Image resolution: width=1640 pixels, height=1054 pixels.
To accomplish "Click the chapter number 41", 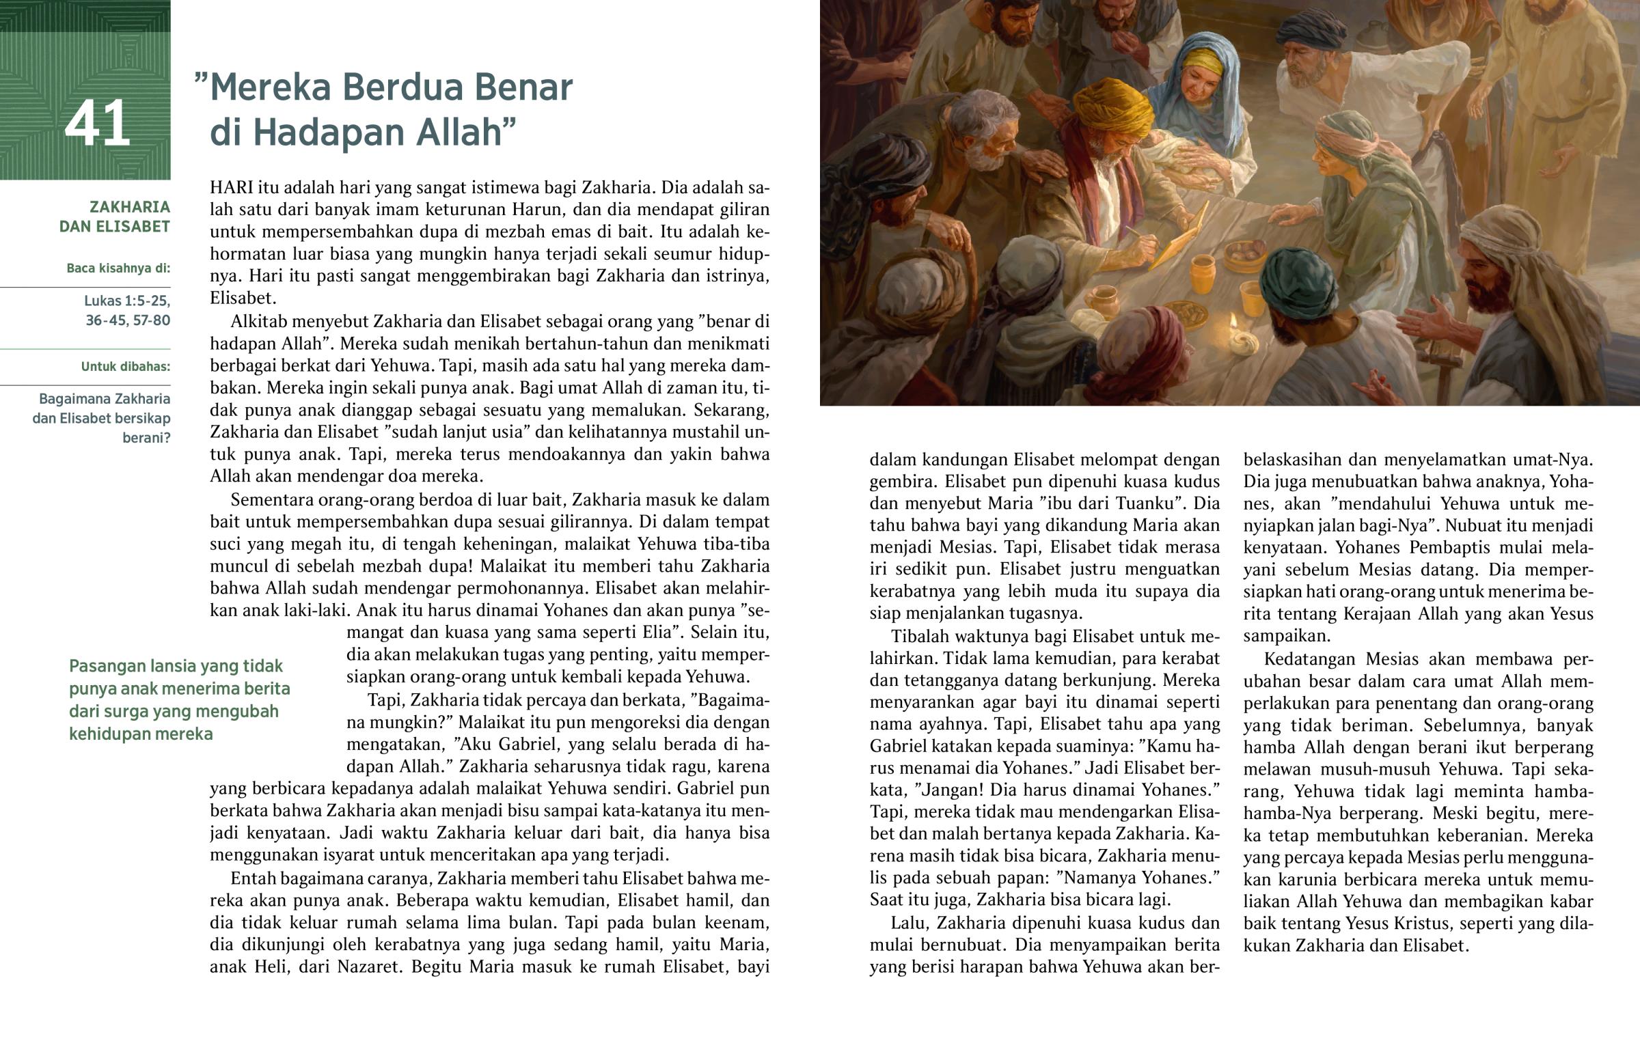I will click(97, 124).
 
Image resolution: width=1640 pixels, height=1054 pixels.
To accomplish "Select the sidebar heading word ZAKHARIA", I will click(129, 207).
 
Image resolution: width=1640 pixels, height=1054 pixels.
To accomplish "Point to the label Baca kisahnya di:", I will click(118, 268).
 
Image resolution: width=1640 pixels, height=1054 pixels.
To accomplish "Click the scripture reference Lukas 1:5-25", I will click(126, 301).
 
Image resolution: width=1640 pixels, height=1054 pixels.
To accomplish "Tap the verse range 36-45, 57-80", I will click(127, 320).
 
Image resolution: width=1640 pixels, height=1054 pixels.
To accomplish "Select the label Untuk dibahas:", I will click(125, 367).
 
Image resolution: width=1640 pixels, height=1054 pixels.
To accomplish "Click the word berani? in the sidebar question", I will click(146, 438).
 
